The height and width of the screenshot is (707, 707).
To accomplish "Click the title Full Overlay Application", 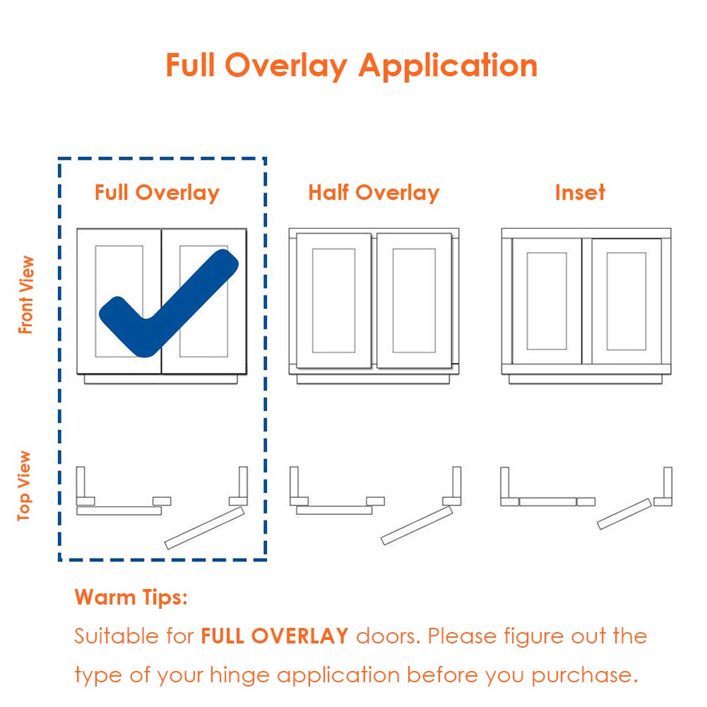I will click(x=351, y=66).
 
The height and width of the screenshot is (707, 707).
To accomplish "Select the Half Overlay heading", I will click(x=374, y=193).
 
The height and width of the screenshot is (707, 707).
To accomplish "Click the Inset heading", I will click(x=580, y=193).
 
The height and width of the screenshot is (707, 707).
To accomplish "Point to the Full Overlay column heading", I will click(x=157, y=193).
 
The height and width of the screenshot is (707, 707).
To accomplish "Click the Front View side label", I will click(x=26, y=295).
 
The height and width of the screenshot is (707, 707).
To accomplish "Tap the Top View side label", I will click(x=25, y=486).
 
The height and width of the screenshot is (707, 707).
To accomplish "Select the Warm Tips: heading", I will click(x=131, y=598).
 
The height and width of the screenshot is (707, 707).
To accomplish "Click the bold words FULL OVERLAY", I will click(x=275, y=636).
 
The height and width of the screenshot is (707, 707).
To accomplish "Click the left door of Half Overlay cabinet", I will click(x=333, y=300).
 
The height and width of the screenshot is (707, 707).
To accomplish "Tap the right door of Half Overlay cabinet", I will click(x=414, y=300).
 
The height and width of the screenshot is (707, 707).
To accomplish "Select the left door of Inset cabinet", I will click(x=547, y=301).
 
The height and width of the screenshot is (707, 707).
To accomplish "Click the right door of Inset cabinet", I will click(x=626, y=301).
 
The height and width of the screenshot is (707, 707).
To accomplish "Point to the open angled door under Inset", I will click(x=624, y=513).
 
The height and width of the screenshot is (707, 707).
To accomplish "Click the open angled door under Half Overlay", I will click(x=417, y=525).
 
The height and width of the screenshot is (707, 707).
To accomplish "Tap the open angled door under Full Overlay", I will click(x=204, y=528).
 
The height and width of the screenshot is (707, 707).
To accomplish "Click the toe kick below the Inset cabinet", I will click(x=585, y=379).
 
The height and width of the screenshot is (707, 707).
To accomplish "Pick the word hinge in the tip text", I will click(x=234, y=675).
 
